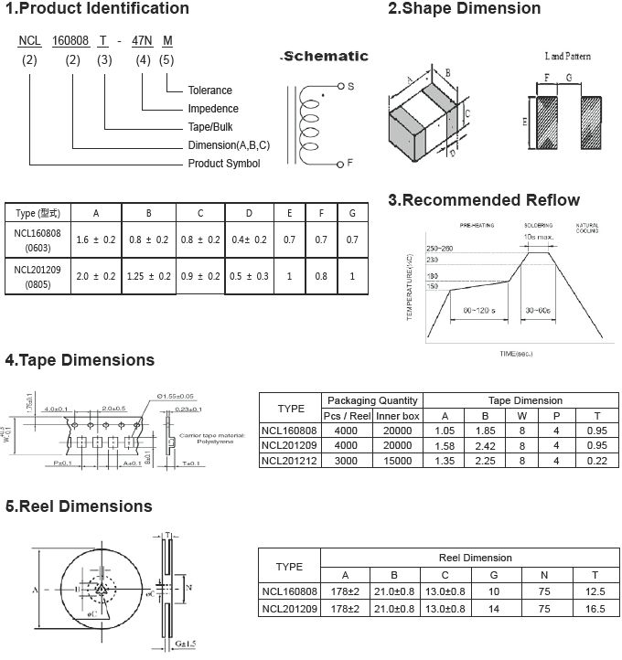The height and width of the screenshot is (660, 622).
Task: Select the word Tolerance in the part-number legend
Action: coord(209,90)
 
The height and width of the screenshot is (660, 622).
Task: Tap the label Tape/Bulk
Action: coord(211,127)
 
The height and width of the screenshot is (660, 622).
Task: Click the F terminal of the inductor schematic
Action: coord(349,163)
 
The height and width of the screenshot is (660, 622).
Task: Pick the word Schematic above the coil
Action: coord(326,57)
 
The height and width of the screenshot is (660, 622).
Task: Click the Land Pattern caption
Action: coord(567,57)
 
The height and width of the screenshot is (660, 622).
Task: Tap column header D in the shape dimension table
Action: coord(248,213)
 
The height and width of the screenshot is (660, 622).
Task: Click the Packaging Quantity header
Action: coord(372,400)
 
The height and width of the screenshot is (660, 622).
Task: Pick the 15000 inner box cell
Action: coord(397,460)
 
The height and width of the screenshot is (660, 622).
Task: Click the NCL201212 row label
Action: coord(289,460)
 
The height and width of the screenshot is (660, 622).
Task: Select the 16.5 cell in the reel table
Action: coord(595,608)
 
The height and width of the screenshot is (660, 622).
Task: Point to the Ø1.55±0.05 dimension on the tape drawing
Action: coord(179,395)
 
